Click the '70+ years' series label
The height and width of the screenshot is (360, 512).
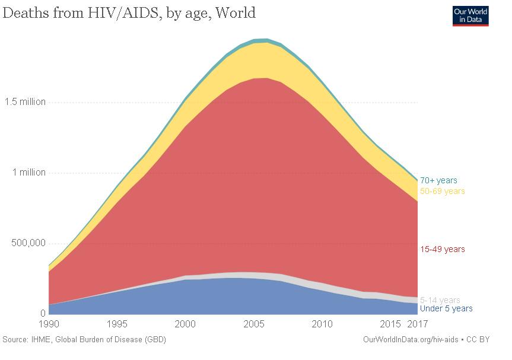point(438,180)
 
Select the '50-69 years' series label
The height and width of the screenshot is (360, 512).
point(442,191)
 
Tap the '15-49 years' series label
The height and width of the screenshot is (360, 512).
point(442,249)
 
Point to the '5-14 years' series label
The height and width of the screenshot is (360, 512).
point(440,300)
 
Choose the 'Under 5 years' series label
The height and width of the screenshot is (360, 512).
point(446,308)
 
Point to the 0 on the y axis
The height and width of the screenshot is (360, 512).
point(43,314)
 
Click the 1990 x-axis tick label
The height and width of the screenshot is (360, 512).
point(49,324)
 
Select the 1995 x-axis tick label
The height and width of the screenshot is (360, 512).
point(117,324)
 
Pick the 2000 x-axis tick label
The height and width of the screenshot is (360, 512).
point(186,324)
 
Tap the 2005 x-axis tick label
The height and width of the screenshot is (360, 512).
point(254,324)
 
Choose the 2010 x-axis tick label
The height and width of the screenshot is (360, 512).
point(322,324)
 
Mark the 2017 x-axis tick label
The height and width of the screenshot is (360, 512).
point(418,324)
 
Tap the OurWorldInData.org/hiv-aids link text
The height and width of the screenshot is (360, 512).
point(409,340)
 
